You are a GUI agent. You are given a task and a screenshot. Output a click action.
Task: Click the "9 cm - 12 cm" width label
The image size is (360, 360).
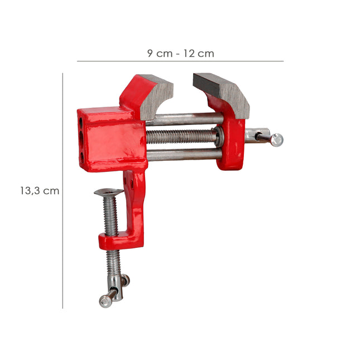click(180, 54)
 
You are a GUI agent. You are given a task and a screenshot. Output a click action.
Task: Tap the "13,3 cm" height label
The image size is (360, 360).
click(39, 190)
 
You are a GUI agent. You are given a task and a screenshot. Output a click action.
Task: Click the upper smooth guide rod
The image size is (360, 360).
click(184, 119)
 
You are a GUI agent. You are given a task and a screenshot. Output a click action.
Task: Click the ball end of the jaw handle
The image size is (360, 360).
click(277, 140)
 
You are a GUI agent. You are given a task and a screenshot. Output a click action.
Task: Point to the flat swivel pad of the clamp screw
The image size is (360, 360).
click(108, 193)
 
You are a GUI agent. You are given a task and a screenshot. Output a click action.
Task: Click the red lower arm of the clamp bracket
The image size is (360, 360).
click(120, 241)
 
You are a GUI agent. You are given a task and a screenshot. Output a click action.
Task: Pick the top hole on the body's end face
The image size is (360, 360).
click(82, 120)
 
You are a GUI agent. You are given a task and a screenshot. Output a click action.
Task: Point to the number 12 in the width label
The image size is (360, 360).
click(190, 54)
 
